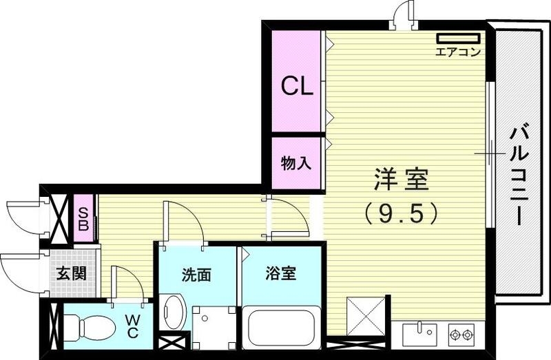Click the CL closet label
pos(296,86)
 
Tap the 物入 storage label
pos(296,163)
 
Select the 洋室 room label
pos(401,180)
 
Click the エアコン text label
pos(458,52)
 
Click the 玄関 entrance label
pos(70,273)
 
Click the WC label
pos(133,326)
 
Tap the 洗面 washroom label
pos(196,275)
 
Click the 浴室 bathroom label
pos(280,273)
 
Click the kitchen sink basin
pos(418,334)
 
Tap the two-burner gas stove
pos(461,335)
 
